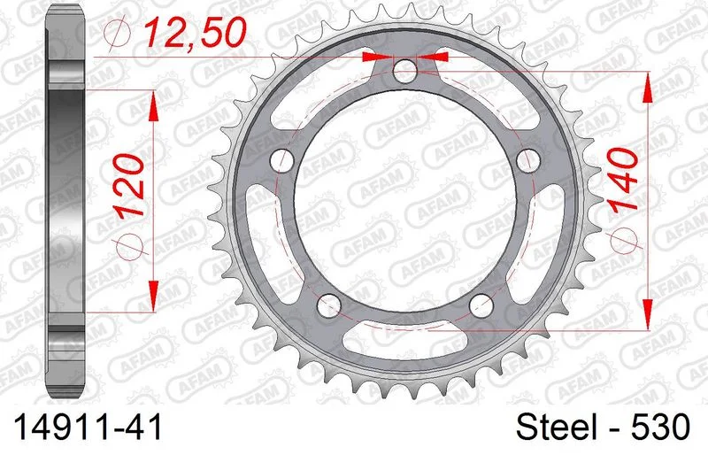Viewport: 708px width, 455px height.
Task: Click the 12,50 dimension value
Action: [195, 32]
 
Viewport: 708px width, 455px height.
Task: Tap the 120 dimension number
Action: [129, 186]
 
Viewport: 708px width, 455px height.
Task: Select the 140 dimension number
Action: [624, 181]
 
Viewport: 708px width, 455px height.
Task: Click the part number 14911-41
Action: [88, 428]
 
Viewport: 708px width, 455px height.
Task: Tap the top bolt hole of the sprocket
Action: [404, 72]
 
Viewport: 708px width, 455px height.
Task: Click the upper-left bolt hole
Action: [282, 160]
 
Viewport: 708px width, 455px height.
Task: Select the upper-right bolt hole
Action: [527, 160]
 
